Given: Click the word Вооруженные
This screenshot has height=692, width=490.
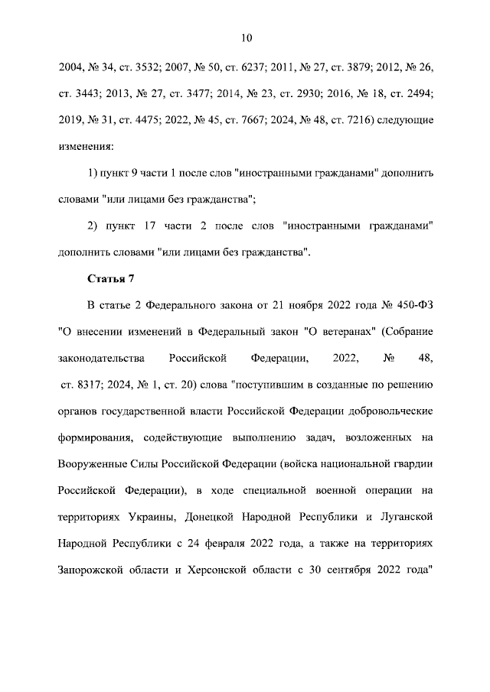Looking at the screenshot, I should click(x=92, y=463).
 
